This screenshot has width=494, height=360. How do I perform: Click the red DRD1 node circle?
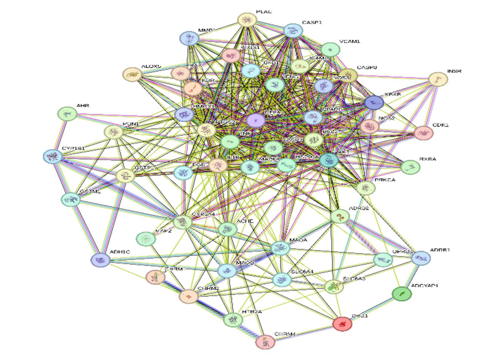point(342,324)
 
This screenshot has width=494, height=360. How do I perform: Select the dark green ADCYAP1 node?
point(402,294)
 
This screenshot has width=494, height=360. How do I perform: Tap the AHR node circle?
point(67,114)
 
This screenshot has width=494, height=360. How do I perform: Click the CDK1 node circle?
point(424,133)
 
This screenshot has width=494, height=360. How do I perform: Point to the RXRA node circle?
point(410,167)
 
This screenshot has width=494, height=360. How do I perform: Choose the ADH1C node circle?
point(100,260)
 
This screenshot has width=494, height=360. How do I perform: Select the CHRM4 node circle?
point(265,342)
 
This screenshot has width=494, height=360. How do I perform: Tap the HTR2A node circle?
point(233,320)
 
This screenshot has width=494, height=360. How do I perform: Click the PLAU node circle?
point(247,20)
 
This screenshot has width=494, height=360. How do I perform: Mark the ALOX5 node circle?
point(132,74)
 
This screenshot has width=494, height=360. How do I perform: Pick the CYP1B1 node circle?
point(53,156)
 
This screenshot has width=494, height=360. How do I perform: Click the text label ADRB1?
point(440,250)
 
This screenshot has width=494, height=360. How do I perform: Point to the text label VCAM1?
point(349,42)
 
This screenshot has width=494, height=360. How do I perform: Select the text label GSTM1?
point(91,192)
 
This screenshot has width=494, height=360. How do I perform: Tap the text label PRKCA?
point(385,180)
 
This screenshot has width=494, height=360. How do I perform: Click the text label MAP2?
point(163,231)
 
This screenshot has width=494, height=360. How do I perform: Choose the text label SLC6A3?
point(354,279)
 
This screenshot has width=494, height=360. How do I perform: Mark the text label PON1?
point(131,124)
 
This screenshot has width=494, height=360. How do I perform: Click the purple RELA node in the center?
point(255,120)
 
